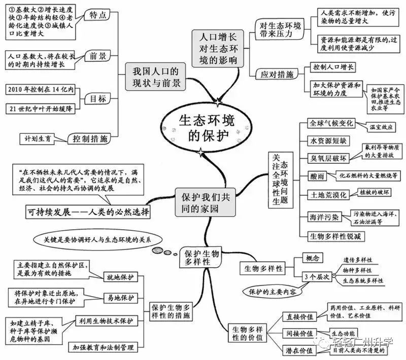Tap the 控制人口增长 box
[332, 66]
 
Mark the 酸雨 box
[317, 176]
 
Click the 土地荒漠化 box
[329, 194]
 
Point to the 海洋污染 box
[326, 217]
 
